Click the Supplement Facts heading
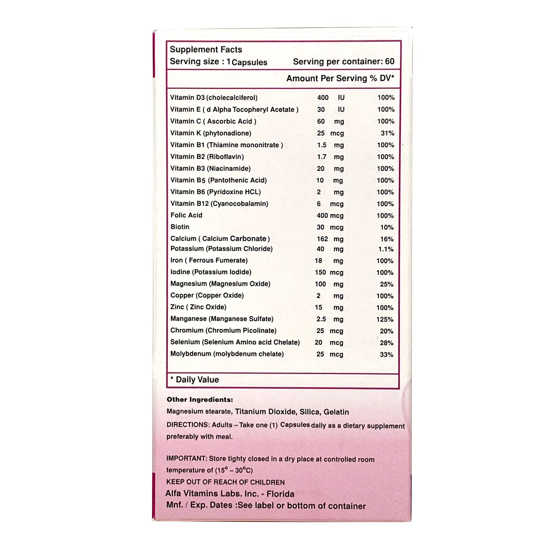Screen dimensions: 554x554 coord(206,50)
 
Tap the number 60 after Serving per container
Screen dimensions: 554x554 coord(390,61)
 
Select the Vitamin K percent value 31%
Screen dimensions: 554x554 coord(387,133)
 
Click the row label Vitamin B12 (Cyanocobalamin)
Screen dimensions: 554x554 coord(219,204)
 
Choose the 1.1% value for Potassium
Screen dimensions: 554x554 coord(386,249)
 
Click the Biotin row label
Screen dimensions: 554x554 coord(180,227)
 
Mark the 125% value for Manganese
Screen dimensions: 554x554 coord(385,319)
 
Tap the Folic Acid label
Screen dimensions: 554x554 coord(186,215)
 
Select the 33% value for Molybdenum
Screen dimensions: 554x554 coord(386,355)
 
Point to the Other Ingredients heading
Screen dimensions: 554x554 coord(200,400)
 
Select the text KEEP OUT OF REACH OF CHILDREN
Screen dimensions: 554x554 coord(225,482)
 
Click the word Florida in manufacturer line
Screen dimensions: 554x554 coord(280,494)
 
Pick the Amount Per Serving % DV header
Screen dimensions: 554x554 coord(340,78)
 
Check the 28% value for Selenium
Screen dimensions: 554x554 coord(386,343)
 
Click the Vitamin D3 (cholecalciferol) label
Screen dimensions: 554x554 coord(214,98)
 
